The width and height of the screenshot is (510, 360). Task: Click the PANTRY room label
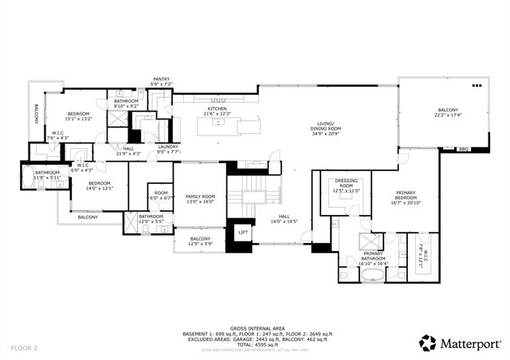(x=163, y=80)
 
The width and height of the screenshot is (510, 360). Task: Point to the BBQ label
(x=464, y=149)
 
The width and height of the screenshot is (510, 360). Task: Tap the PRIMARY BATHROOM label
(x=373, y=256)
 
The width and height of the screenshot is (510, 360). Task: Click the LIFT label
(x=243, y=232)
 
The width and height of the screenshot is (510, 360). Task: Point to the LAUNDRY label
(x=168, y=147)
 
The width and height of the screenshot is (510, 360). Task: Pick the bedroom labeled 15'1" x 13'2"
(x=79, y=115)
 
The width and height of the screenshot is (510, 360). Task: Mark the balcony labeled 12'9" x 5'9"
(x=200, y=241)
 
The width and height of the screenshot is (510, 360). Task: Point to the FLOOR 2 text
(x=25, y=348)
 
